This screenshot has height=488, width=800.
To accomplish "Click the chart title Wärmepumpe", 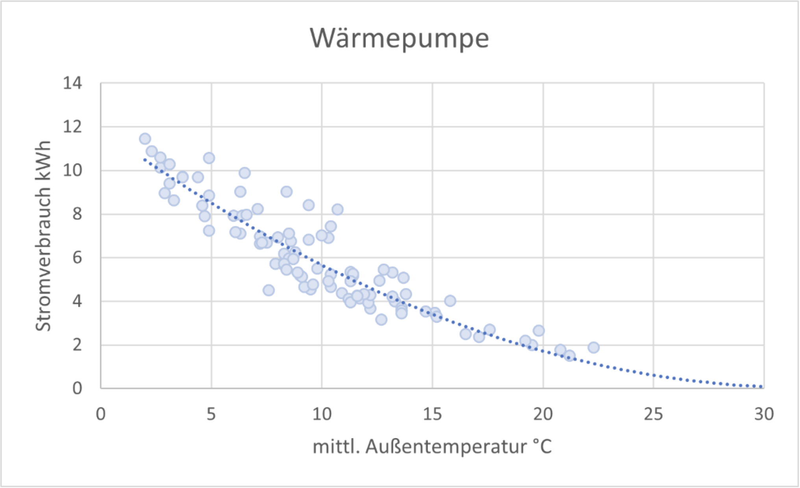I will (x=399, y=39).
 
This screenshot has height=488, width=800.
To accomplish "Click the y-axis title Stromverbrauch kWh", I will (x=43, y=236).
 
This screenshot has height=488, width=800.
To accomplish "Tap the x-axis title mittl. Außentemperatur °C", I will (x=432, y=447).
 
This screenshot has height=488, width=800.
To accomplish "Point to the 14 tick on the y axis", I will (x=72, y=83).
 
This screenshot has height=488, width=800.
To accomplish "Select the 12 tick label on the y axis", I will (x=72, y=127).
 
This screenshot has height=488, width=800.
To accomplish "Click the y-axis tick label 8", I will (x=77, y=214).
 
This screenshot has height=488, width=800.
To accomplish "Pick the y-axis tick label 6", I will (x=77, y=258).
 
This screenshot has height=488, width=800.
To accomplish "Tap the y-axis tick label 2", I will (x=77, y=345).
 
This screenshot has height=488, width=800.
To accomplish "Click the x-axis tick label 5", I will (x=211, y=414).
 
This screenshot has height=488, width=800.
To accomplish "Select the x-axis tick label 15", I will (x=432, y=414).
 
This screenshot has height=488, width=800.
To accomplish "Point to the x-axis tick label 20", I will (x=543, y=414).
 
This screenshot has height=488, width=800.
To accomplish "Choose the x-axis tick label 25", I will (x=654, y=414).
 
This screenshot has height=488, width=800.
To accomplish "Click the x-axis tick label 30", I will (x=764, y=414).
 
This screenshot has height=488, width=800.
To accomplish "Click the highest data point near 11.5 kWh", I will (x=145, y=139).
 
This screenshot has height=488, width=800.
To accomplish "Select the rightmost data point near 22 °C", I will (x=594, y=347).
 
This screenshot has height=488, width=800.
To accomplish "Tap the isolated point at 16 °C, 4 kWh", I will (x=450, y=301).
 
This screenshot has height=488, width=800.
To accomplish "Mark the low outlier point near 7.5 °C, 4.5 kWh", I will (x=269, y=291).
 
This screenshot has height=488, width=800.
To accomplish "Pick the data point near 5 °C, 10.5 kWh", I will (x=209, y=158).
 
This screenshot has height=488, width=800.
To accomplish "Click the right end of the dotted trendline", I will (x=761, y=387).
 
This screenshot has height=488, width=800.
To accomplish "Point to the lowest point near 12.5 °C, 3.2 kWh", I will (x=381, y=320).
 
